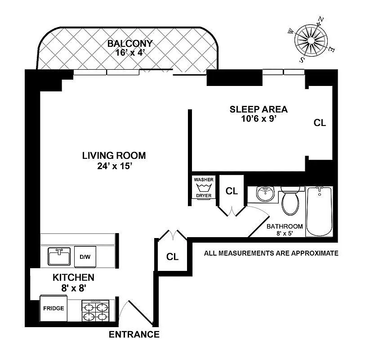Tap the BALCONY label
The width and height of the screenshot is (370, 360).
point(130,44)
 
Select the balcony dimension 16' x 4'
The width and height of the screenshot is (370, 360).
point(130,53)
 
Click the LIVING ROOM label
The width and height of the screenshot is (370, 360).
point(114,156)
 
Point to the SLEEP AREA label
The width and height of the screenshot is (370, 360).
point(259,109)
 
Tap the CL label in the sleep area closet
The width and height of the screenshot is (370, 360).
point(320,123)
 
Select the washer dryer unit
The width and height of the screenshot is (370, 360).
point(204,187)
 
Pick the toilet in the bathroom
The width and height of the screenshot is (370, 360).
point(290,201)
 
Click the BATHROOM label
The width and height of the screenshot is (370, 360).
point(285,226)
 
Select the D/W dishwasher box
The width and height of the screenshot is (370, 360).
point(85,257)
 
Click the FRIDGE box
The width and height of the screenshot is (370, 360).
point(53,309)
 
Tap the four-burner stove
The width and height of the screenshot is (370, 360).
point(95,310)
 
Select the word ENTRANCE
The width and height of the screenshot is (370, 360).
point(134,334)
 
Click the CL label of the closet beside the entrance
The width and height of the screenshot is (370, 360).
point(173,257)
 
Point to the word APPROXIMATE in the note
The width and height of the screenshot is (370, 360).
point(315,253)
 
